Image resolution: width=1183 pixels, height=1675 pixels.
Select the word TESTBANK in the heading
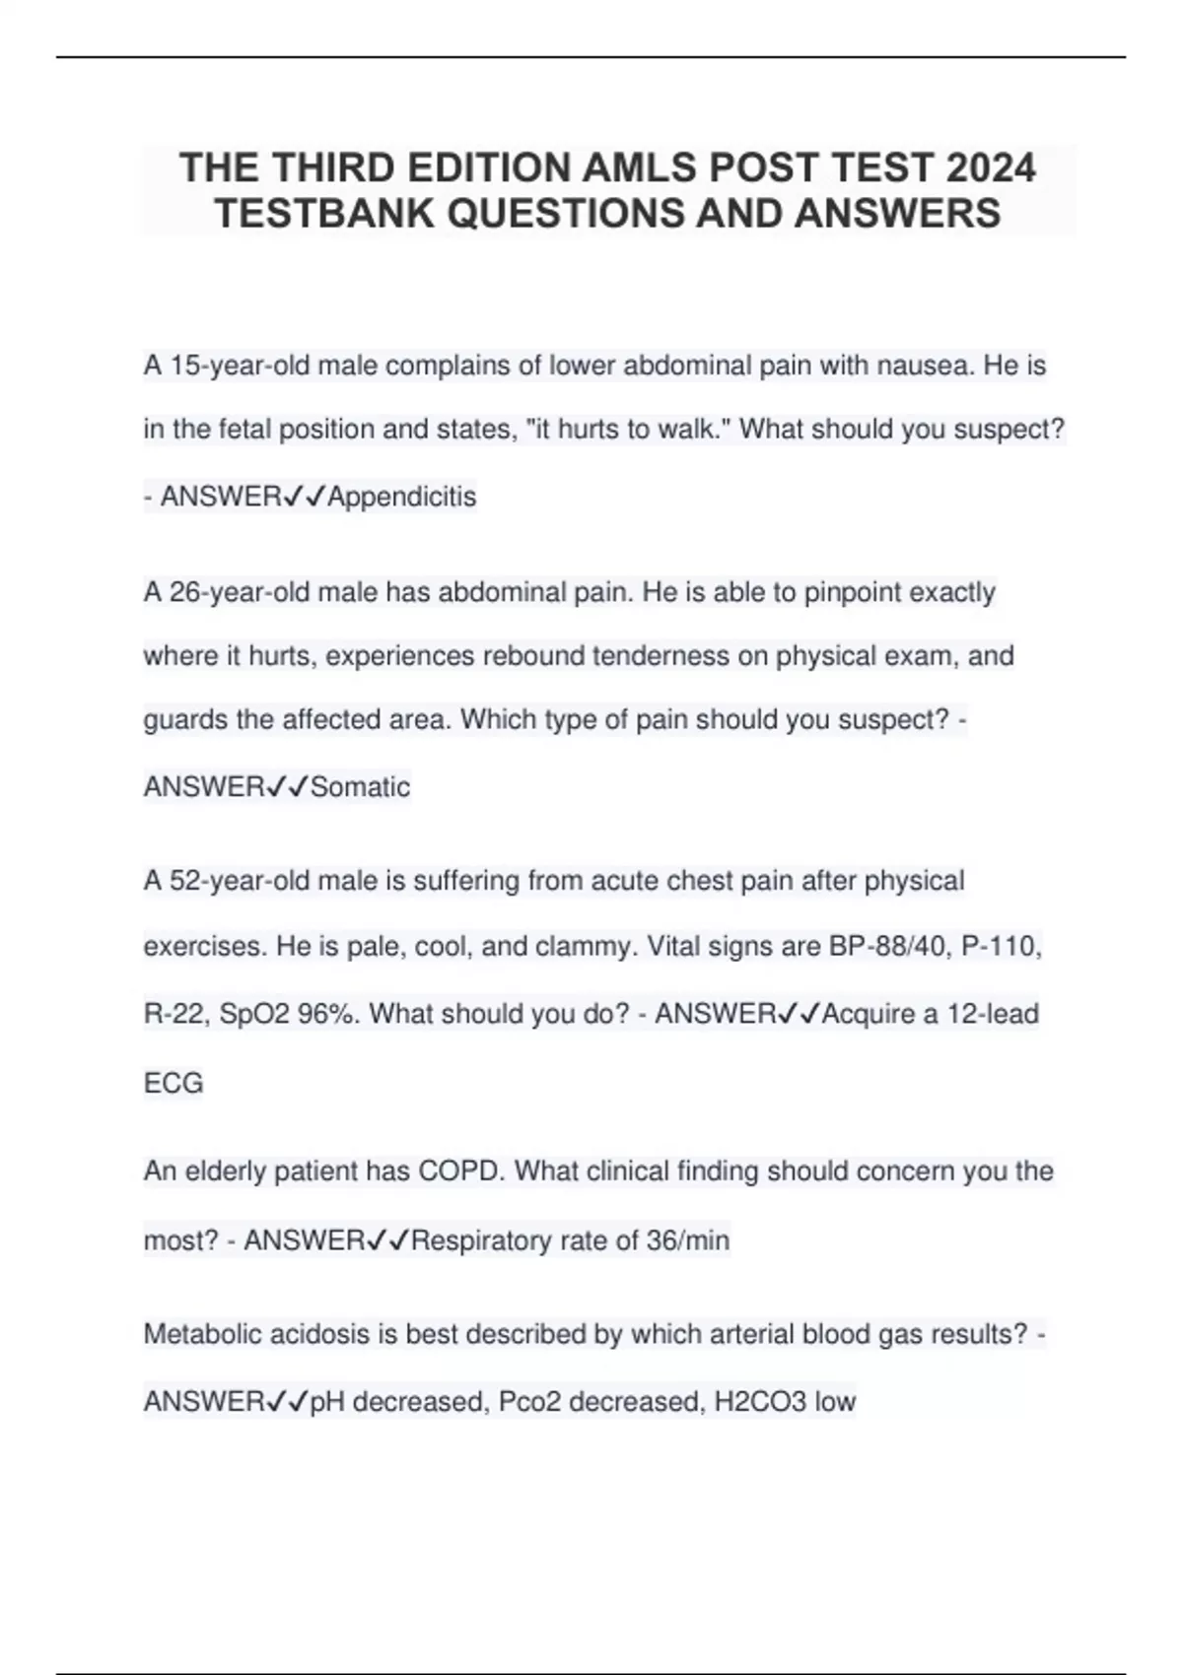325,213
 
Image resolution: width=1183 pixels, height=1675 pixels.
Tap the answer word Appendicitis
401,497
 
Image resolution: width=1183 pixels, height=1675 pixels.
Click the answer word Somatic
360,786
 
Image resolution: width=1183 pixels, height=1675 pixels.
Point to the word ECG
174,1083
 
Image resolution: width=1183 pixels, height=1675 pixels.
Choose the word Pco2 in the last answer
529,1401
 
